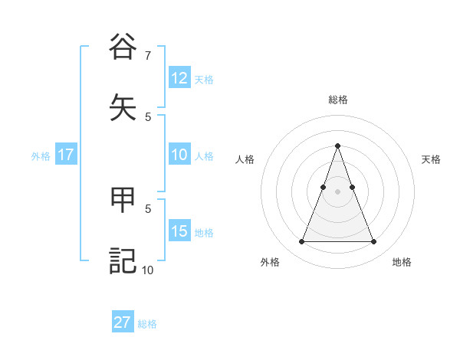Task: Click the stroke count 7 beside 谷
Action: tap(147, 55)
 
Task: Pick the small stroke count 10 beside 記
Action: tap(147, 270)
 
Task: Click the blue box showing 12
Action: tap(179, 78)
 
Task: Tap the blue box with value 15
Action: tap(179, 231)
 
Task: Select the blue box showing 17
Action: tap(65, 155)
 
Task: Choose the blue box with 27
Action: tap(123, 322)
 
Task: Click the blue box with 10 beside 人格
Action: tap(179, 155)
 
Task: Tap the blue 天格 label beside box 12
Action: tap(204, 80)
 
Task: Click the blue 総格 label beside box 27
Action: tap(147, 324)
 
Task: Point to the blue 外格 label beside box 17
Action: tap(41, 156)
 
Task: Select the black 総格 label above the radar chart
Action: tap(337, 100)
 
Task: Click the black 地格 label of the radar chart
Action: tap(402, 262)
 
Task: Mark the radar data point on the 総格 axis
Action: tap(337, 146)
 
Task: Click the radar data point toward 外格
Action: tap(301, 242)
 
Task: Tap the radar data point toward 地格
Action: tap(373, 242)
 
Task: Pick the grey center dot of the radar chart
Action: tap(337, 191)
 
